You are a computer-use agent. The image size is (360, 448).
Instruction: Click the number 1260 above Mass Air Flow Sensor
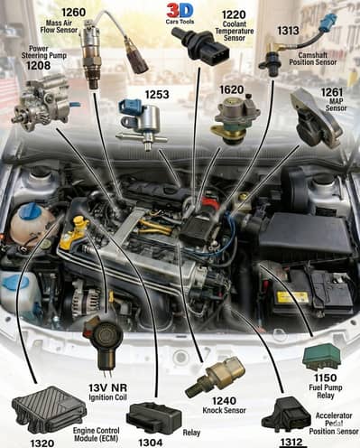click(73, 12)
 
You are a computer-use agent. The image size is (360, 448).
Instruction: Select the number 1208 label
click(38, 66)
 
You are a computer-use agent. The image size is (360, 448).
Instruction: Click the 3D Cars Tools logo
click(180, 14)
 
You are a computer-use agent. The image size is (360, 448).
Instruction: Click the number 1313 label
click(288, 30)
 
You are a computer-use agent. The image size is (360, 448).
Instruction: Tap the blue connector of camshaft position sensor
click(333, 21)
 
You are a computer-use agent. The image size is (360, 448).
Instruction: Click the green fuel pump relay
click(320, 356)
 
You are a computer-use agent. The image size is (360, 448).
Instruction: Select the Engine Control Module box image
click(49, 408)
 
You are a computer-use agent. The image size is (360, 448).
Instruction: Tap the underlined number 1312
click(291, 442)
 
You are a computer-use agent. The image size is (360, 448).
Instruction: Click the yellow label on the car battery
click(291, 296)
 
